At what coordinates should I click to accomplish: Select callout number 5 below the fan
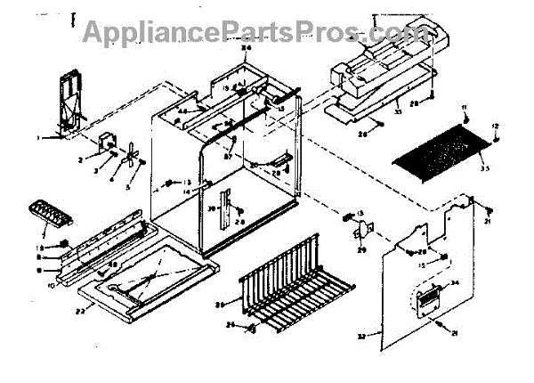pyautogui.click(x=128, y=187)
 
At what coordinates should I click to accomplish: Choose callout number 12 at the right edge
pyautogui.click(x=497, y=126)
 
